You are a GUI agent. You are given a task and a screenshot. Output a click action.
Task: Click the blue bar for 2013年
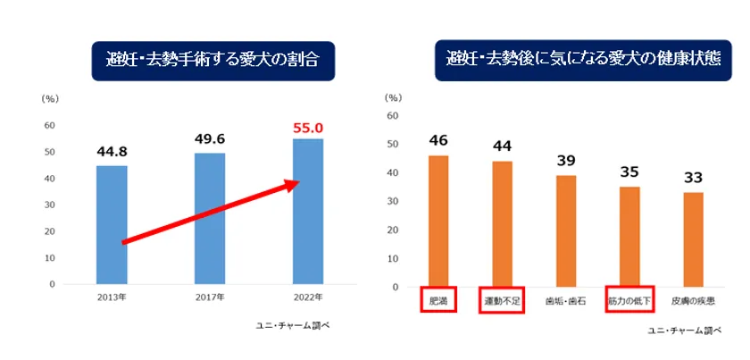coord(112,224)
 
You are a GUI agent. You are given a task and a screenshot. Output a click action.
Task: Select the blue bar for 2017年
coord(210,218)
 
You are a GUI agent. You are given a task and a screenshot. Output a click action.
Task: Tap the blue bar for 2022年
coord(307,211)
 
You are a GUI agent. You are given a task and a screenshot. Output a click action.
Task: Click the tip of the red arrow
coord(296,183)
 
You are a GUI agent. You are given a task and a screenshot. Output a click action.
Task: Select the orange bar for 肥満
coord(438,222)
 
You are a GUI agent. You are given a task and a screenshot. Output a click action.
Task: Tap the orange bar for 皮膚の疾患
coord(694,239)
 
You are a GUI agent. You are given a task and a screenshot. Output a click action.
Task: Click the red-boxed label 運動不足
coord(502,301)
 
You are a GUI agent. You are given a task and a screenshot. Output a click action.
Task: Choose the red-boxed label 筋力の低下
coord(629,301)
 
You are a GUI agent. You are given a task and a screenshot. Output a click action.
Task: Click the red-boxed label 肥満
coord(438,300)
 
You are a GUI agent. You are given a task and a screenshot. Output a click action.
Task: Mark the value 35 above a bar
coord(629,172)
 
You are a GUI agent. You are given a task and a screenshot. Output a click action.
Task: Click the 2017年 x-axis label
coord(210,297)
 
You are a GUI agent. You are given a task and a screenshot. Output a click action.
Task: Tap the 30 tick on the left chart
coord(51,205)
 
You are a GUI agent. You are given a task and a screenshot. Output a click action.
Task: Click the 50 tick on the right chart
coord(392,145)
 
